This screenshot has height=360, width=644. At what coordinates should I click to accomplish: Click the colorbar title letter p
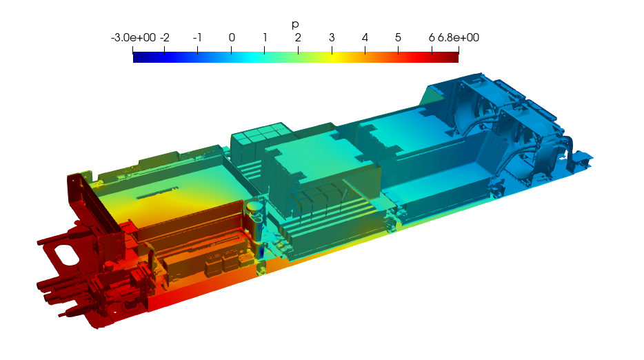pos(295,25)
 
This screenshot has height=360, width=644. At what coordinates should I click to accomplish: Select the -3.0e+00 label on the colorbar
pos(133,38)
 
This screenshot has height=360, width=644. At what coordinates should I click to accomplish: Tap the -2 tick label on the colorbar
pos(165,38)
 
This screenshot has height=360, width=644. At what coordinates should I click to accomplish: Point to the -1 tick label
pos(197,38)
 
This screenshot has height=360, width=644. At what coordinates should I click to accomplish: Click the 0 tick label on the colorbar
pos(232,38)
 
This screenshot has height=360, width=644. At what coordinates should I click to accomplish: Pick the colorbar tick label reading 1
pos(265,38)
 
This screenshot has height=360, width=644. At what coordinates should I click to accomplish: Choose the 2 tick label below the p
pos(298,38)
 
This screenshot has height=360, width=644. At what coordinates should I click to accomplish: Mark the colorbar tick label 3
pos(332,38)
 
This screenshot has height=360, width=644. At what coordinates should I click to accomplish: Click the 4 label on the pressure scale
pos(365,38)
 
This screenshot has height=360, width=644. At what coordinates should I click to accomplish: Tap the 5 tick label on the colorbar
pos(398,38)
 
